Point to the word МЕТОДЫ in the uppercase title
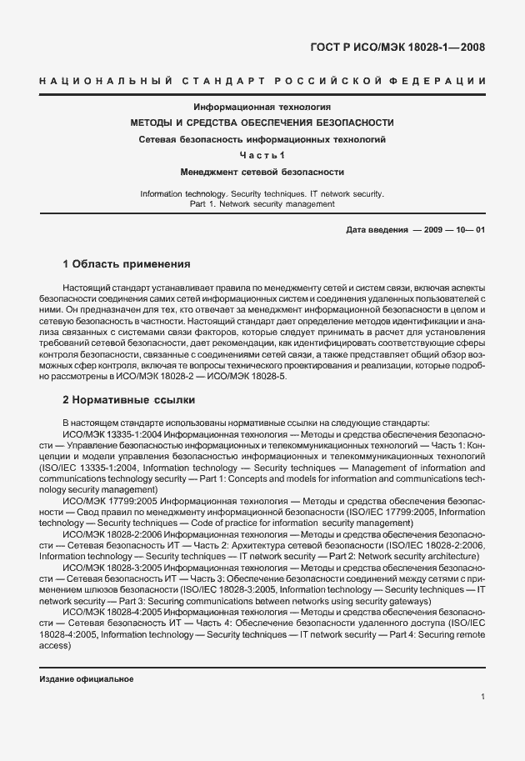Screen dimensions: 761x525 155,123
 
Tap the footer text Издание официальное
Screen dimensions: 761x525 87,679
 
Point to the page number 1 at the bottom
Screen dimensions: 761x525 482,697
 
